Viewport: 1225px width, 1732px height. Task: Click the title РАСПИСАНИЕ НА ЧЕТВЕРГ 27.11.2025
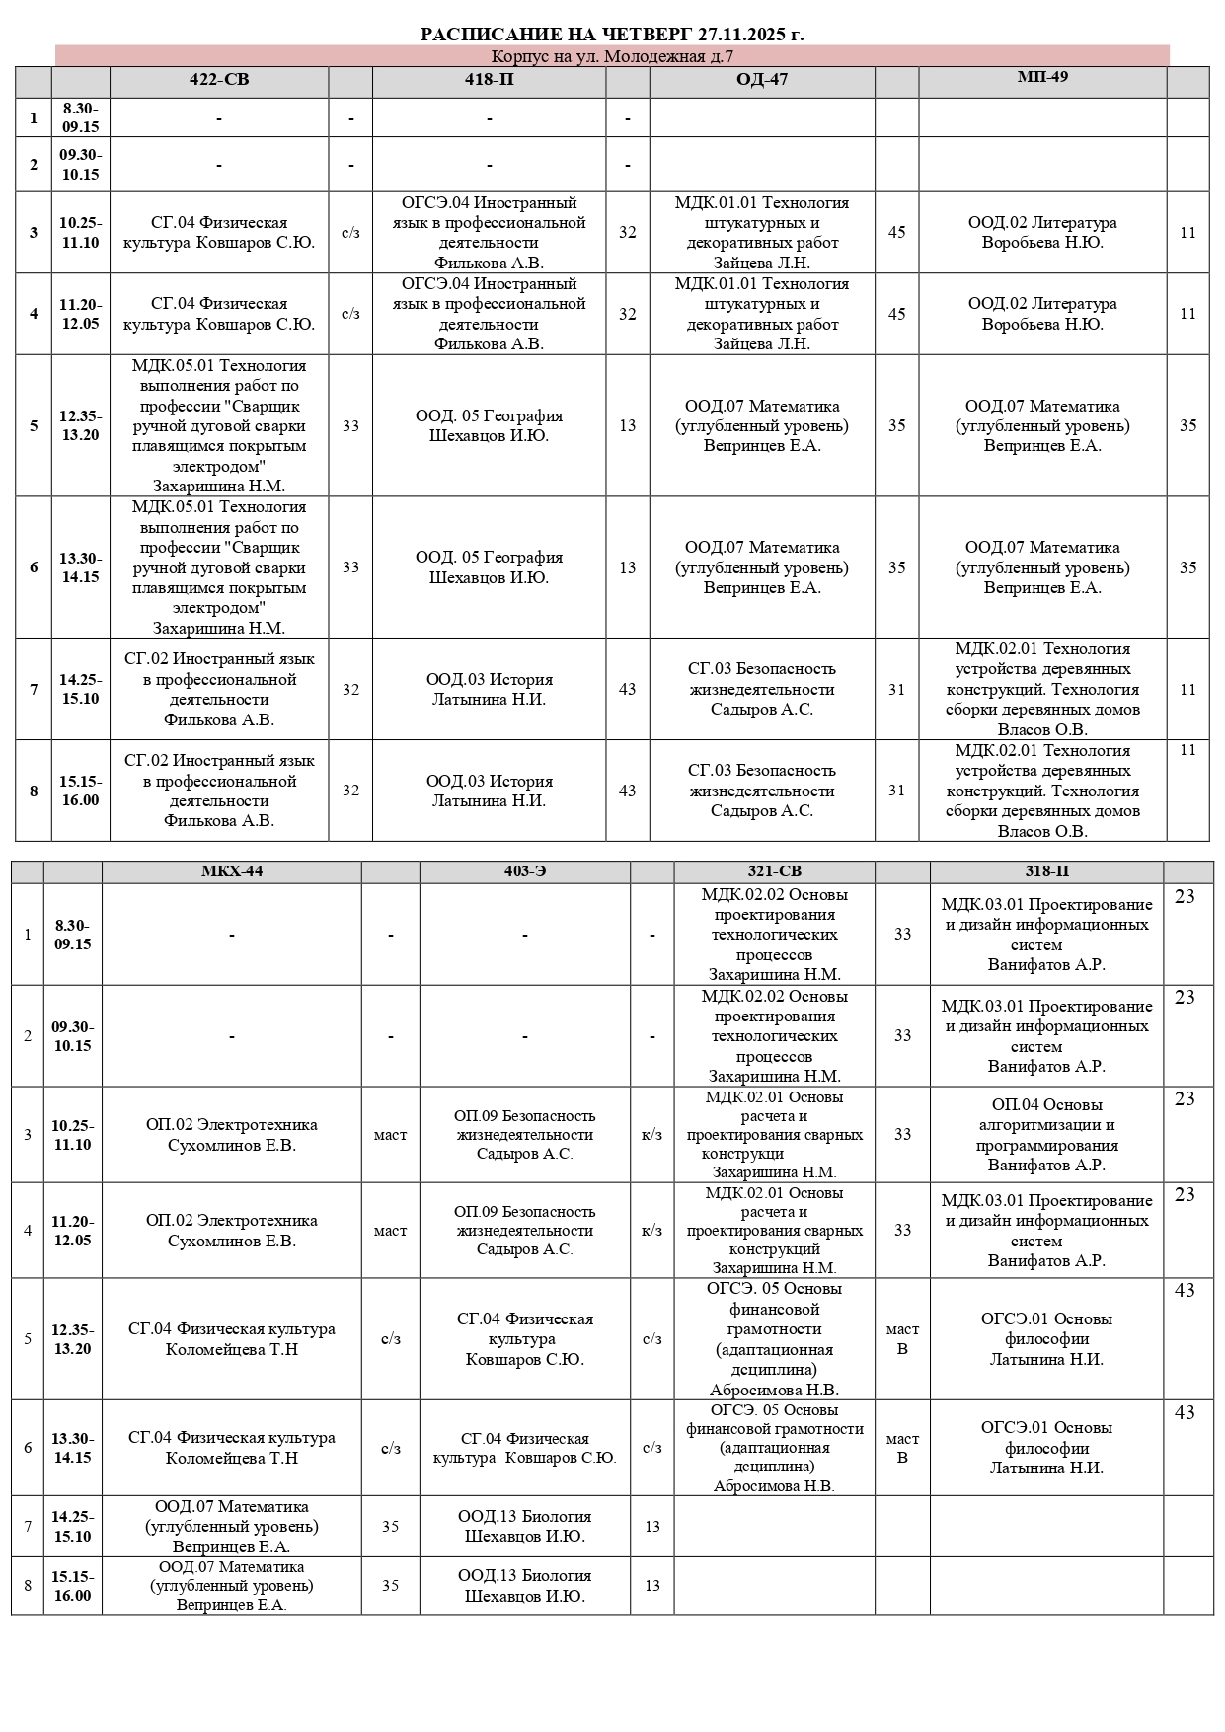(612, 35)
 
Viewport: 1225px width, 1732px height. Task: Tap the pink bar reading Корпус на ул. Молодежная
(612, 56)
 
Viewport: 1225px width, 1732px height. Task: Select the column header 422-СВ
(219, 80)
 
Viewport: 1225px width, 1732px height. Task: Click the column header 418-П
(489, 80)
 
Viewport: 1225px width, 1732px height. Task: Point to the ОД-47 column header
(762, 80)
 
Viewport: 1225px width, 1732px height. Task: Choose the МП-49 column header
(1042, 77)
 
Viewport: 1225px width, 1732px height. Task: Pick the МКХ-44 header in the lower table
(232, 871)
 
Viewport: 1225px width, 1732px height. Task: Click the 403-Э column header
(524, 871)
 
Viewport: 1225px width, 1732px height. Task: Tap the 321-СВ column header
(774, 871)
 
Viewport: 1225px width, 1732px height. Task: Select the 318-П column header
(1046, 871)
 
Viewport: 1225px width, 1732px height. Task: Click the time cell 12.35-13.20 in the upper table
(80, 425)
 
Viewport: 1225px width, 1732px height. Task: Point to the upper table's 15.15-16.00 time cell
(80, 791)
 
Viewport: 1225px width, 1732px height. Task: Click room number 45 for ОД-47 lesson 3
(896, 233)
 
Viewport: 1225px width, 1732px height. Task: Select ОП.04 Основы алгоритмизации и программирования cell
(1046, 1135)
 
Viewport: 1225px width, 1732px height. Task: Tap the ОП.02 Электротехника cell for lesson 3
(232, 1135)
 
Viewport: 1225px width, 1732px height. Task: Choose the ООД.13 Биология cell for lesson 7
(524, 1526)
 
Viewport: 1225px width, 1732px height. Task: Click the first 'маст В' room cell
(902, 1339)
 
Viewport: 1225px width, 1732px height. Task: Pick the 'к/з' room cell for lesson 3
(651, 1135)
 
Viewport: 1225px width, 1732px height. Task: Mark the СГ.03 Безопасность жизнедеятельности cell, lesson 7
(762, 689)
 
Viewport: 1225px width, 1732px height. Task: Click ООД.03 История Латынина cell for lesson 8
(489, 791)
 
